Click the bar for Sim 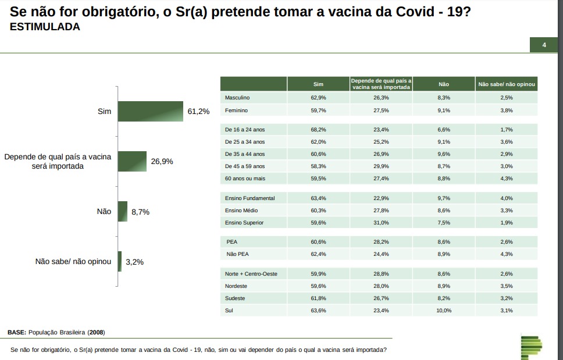click(150, 112)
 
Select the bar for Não click(122, 212)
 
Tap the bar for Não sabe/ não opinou click(119, 262)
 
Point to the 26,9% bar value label click(162, 161)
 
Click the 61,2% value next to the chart click(198, 111)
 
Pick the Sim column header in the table click(318, 84)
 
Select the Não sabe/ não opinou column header click(506, 84)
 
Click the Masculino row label click(237, 98)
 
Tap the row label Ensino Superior click(244, 223)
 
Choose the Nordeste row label click(236, 286)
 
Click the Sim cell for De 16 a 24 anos click(318, 130)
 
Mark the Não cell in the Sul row click(444, 311)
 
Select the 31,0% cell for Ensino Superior click(381, 223)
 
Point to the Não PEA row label click(237, 254)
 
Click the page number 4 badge click(544, 45)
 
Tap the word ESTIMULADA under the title click(45, 27)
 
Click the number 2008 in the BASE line click(96, 333)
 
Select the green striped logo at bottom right click(530, 347)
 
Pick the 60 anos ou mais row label click(245, 179)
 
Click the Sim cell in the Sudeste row click(318, 298)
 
